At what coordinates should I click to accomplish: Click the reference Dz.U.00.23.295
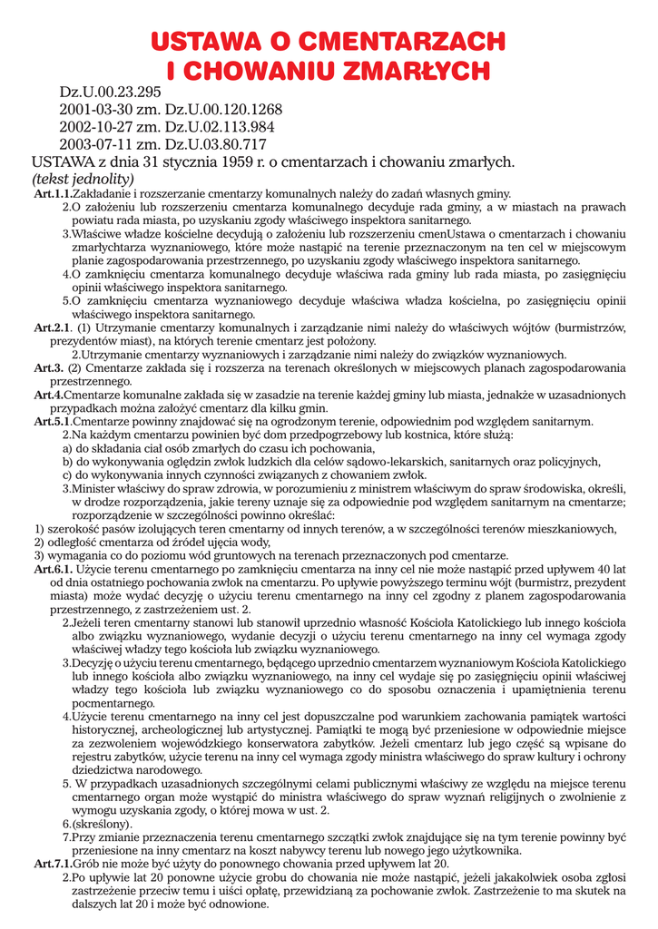click(x=110, y=93)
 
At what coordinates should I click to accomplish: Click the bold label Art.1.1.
click(x=53, y=194)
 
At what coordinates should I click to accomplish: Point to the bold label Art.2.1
click(x=53, y=327)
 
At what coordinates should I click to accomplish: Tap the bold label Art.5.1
click(x=53, y=422)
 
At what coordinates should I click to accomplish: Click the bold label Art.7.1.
click(x=53, y=865)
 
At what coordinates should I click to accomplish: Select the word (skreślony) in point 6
click(x=103, y=824)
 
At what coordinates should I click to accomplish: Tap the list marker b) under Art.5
click(x=67, y=461)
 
